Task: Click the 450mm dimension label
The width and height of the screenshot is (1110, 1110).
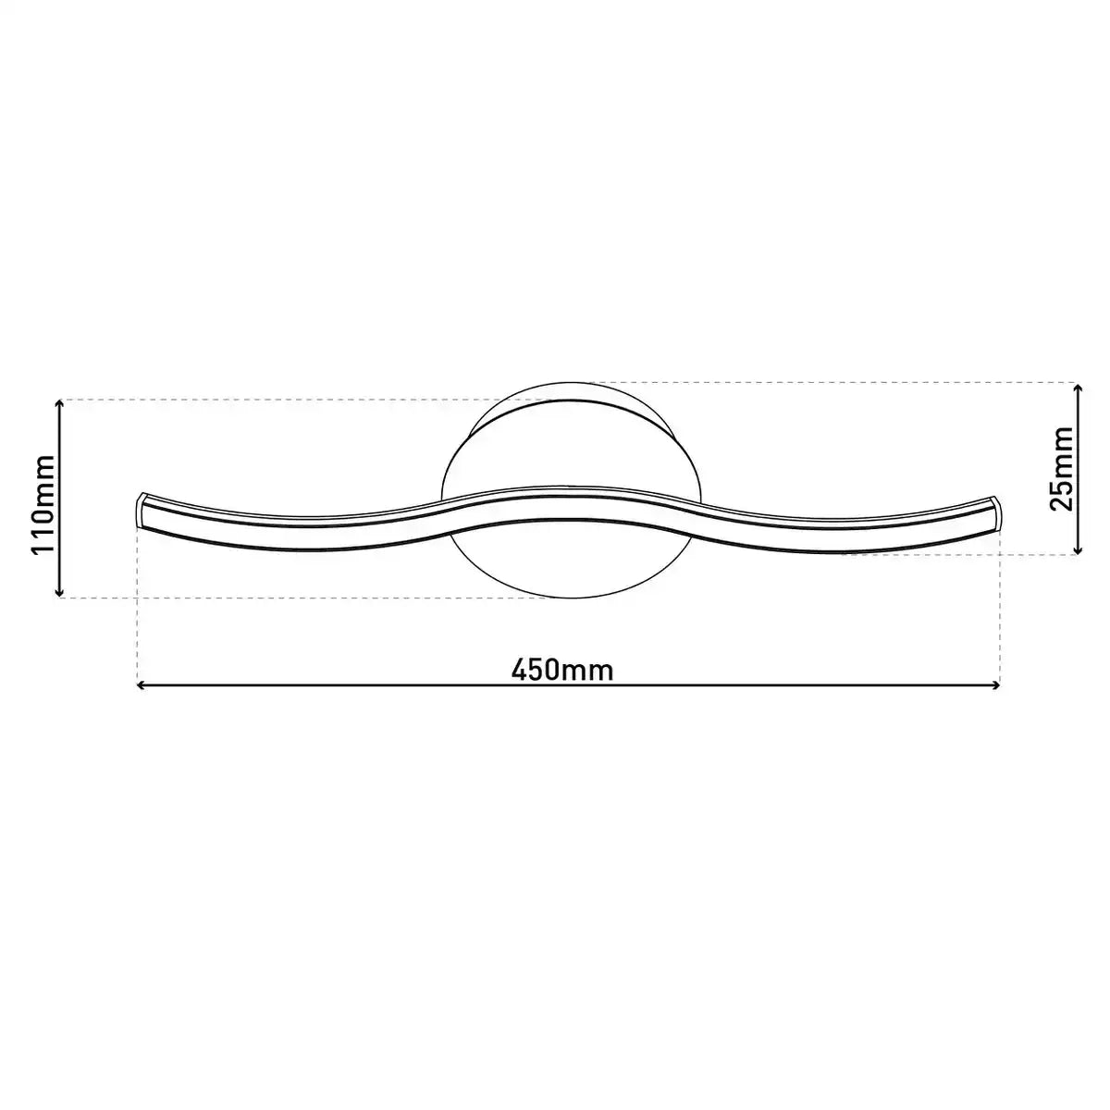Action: [562, 671]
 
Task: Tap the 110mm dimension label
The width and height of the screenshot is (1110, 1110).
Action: [43, 504]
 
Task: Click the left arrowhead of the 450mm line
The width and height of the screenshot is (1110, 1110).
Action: [140, 684]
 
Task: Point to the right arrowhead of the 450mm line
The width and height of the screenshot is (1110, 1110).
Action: [996, 684]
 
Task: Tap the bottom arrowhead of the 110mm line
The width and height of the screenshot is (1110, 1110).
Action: [59, 593]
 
